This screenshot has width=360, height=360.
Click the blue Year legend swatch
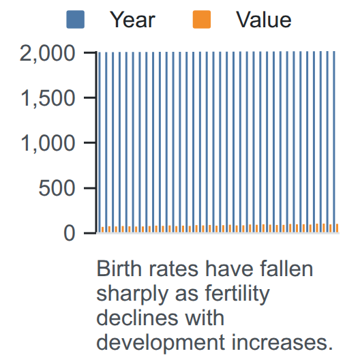75,20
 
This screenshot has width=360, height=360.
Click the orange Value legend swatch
202,20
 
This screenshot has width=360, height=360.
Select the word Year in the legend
132,20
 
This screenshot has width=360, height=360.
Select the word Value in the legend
264,20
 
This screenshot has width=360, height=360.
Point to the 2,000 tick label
48,54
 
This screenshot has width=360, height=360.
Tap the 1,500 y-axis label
48,98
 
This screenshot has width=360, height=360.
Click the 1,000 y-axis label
48,143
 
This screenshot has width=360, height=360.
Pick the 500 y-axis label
57,188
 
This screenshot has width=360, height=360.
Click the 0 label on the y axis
70,233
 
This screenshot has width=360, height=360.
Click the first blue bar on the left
100,142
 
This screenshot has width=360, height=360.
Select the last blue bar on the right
334,142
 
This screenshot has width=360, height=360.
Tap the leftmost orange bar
103,230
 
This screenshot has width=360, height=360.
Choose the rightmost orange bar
337,228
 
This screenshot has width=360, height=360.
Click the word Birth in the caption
119,269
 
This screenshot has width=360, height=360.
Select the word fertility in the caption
237,295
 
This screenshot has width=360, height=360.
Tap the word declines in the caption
137,318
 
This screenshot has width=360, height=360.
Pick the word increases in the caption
282,342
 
